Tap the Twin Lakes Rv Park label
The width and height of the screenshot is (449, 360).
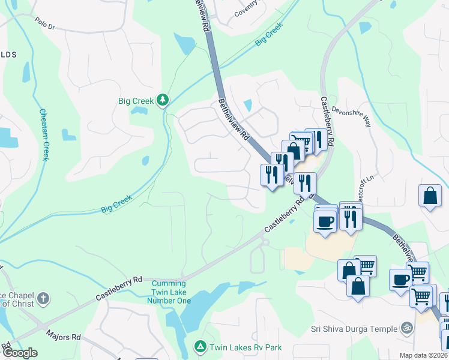pos(245,347)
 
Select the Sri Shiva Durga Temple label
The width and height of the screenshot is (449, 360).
pos(354,329)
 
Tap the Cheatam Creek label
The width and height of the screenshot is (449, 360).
pos(44,134)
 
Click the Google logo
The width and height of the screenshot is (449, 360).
pos(19,353)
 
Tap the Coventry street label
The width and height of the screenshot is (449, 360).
pos(246,9)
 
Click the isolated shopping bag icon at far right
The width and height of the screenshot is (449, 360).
pos(431,196)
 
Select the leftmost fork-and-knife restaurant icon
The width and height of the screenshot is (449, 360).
pos(271,175)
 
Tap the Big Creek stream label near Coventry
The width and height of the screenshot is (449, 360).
pos(268,36)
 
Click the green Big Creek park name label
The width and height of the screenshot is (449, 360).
pos(137,100)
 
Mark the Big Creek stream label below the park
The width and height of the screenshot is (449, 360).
pos(116,204)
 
